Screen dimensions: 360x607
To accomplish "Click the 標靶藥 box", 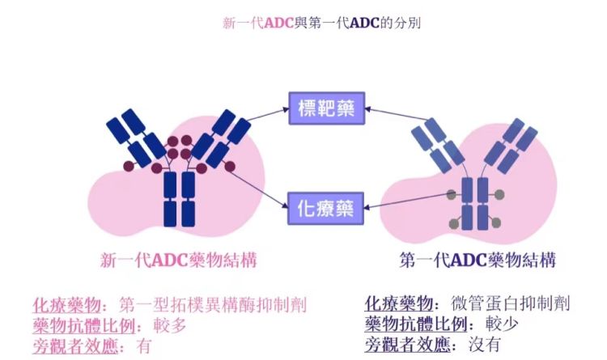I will (327, 109).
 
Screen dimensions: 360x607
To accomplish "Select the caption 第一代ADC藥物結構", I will (478, 260).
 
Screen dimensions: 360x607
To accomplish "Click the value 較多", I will (173, 325).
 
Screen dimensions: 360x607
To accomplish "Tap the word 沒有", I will (485, 345).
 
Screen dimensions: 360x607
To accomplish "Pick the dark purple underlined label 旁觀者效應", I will (401, 345).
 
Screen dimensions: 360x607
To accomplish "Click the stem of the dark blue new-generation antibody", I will (179, 198).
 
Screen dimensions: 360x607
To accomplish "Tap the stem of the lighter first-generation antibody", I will (477, 203).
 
